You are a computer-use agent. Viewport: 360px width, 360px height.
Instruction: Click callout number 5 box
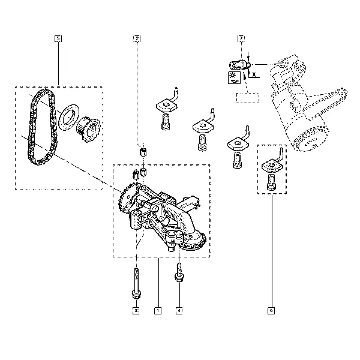tap(58, 38)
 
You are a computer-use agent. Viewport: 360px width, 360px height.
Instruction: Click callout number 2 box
tap(137, 38)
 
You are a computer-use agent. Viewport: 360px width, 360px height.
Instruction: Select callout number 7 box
tap(241, 38)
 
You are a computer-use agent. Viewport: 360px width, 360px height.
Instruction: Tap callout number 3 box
tap(136, 311)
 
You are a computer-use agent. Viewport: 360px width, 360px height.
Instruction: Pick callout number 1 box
tap(158, 311)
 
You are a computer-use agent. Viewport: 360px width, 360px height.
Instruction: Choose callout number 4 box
tap(179, 311)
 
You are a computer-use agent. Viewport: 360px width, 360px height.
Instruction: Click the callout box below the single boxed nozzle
tap(271, 311)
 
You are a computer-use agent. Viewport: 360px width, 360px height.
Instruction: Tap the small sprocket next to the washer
tap(88, 129)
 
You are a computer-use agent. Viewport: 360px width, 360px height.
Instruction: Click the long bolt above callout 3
tap(136, 284)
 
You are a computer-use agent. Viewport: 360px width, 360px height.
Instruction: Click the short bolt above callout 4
tap(179, 272)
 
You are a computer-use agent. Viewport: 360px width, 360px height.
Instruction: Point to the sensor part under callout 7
tap(239, 65)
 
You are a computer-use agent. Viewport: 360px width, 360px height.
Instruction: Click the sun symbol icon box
tap(234, 77)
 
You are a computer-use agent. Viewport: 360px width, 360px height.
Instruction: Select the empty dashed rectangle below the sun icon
tap(248, 98)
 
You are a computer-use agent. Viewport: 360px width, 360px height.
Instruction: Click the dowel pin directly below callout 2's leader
tap(143, 152)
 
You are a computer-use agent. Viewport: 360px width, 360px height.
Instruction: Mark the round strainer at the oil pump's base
tap(193, 242)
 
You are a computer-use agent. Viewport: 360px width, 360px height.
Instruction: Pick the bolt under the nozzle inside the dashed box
tap(271, 182)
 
